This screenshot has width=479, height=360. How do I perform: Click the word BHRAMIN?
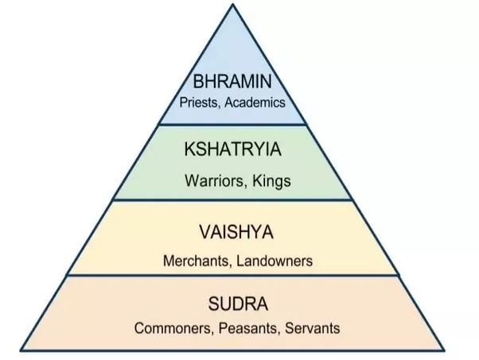click(232, 82)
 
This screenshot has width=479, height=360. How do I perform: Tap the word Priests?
click(201, 103)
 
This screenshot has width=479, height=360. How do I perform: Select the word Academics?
click(255, 103)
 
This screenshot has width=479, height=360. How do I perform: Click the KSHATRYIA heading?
click(238, 151)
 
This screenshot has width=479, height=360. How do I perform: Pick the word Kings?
click(272, 181)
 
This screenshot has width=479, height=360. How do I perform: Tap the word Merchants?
click(193, 260)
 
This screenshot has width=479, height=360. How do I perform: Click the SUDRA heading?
click(237, 303)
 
